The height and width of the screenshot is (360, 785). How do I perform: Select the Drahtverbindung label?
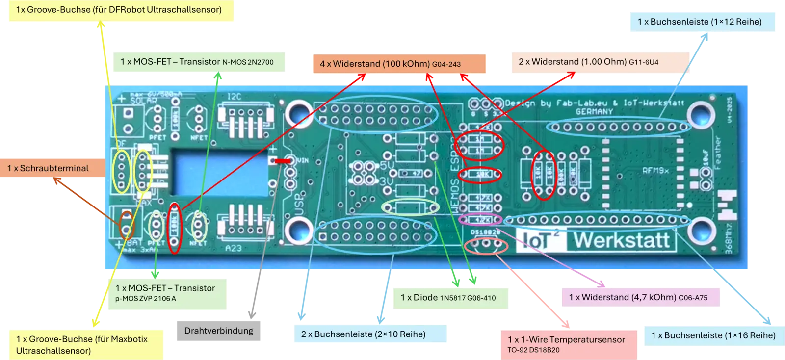tap(219, 330)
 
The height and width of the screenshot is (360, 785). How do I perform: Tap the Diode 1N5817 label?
tap(448, 297)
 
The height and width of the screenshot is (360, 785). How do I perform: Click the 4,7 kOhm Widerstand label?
tap(638, 297)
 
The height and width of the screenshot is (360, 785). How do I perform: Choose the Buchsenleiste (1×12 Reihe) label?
tap(700, 22)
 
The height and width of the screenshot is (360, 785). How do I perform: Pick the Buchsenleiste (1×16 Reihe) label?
tap(713, 335)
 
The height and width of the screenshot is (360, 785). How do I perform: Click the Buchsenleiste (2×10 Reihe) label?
tap(363, 334)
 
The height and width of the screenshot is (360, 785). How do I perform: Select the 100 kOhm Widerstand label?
tap(390, 64)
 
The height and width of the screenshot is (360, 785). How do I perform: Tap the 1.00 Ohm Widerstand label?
tap(588, 62)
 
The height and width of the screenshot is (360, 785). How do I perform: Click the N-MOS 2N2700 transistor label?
tap(197, 62)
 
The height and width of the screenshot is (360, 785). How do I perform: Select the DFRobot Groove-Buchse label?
tap(119, 10)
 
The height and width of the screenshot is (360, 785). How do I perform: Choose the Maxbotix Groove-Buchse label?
tap(82, 344)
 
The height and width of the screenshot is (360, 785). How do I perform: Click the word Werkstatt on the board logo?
tap(622, 240)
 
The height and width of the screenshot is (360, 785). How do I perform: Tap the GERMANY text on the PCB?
tap(594, 112)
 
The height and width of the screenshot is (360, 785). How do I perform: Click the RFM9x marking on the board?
tap(655, 171)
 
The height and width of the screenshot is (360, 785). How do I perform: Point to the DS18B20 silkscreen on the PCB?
tap(485, 232)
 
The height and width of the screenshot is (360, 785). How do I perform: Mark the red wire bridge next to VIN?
tap(282, 161)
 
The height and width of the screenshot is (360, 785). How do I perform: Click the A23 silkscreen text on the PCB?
tap(234, 248)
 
